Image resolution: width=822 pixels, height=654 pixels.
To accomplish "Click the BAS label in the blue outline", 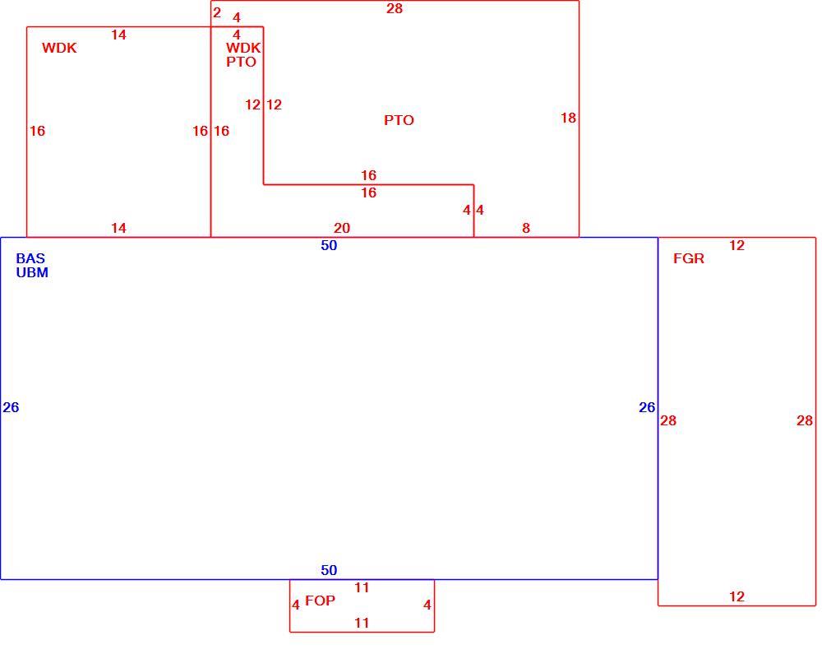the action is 30,258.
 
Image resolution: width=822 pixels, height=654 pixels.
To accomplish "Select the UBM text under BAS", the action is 32,272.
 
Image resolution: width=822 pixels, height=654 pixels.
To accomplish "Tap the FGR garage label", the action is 688,258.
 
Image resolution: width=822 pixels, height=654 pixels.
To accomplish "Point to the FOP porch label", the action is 320,601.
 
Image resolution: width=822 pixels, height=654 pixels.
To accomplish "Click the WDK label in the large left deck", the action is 59,48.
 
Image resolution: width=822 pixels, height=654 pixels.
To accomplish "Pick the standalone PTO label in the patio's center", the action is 399,120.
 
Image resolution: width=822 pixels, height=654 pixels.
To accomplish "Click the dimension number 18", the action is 568,118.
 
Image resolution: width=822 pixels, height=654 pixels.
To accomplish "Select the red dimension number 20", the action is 342,228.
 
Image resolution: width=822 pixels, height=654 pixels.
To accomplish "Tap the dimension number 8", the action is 526,228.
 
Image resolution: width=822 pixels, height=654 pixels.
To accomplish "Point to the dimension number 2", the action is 217,12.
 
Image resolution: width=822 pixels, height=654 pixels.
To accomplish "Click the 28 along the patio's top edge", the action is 395,8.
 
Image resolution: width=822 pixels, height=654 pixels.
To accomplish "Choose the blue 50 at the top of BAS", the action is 329,245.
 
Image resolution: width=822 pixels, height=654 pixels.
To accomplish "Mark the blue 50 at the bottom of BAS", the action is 329,570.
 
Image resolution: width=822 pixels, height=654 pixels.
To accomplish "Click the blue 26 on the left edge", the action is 11,407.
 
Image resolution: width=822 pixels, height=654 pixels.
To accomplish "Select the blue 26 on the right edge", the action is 647,407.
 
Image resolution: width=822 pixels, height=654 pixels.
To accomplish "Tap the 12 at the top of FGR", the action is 737,245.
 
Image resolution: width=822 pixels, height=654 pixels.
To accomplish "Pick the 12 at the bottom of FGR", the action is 737,597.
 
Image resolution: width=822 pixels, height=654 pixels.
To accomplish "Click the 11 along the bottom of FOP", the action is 362,623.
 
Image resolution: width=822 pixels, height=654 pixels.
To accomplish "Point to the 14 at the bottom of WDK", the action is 118,228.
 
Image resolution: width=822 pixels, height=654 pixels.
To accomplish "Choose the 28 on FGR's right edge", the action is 805,420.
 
